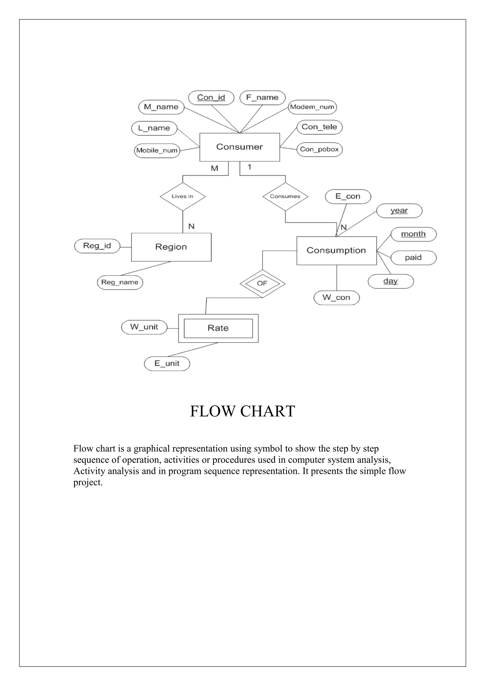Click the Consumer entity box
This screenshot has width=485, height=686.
pyautogui.click(x=239, y=147)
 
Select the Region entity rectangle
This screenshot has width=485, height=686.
pyautogui.click(x=171, y=247)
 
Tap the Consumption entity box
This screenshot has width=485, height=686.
pyautogui.click(x=337, y=250)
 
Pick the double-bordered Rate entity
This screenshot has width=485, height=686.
pyautogui.click(x=218, y=328)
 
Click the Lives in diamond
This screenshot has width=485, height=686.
pyautogui.click(x=183, y=197)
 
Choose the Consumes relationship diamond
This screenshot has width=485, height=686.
pyautogui.click(x=285, y=197)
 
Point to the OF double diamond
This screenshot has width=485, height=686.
pyautogui.click(x=262, y=283)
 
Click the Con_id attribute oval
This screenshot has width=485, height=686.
pyautogui.click(x=211, y=98)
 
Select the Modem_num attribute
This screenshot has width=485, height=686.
pyautogui.click(x=312, y=107)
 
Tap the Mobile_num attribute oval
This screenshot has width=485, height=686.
pyautogui.click(x=157, y=150)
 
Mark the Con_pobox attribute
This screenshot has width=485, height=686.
pyautogui.click(x=319, y=149)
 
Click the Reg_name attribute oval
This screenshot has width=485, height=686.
pyautogui.click(x=120, y=282)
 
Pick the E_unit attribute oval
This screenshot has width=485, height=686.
pyautogui.click(x=167, y=364)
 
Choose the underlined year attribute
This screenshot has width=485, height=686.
pyautogui.click(x=399, y=211)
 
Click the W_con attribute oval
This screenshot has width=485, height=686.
pyautogui.click(x=337, y=298)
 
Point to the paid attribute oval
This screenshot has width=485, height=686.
pyautogui.click(x=413, y=258)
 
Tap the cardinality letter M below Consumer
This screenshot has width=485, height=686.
pyautogui.click(x=215, y=169)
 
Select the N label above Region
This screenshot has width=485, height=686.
pyautogui.click(x=192, y=227)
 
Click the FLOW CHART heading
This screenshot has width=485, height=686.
pyautogui.click(x=242, y=411)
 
